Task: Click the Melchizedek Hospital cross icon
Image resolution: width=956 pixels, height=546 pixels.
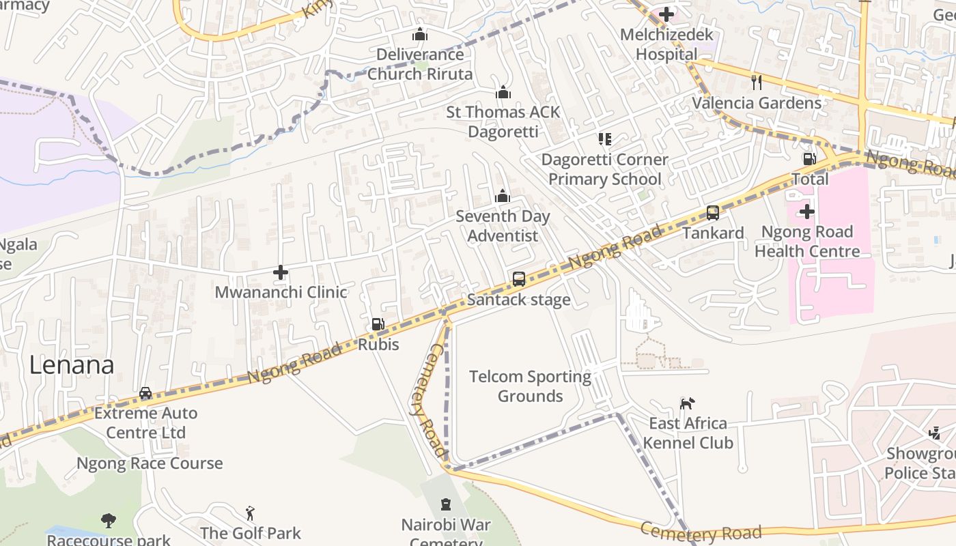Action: point(666,14)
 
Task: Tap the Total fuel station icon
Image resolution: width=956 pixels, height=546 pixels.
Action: point(809,159)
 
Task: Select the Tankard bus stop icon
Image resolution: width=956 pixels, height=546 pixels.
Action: point(713,212)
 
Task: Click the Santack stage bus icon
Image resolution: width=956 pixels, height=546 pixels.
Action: point(519,278)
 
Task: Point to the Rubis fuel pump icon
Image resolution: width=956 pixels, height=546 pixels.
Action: point(378,324)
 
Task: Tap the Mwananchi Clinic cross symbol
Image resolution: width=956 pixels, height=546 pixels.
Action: point(280,272)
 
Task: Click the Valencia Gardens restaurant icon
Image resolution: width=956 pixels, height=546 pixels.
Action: point(756,83)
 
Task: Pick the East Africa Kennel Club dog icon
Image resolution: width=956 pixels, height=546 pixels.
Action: point(687,403)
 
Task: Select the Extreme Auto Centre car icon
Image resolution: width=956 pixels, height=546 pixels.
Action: point(145,393)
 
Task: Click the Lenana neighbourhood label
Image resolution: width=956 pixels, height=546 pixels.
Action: point(72,365)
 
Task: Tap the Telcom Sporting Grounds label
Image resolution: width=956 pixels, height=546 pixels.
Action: point(530,386)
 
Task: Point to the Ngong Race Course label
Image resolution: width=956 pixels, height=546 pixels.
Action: point(150,463)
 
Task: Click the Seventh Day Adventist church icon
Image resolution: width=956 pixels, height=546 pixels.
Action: point(503,197)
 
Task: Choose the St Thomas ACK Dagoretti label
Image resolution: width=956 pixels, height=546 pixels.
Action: point(503,121)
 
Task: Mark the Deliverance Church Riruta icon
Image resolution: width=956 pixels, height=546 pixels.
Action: point(419,34)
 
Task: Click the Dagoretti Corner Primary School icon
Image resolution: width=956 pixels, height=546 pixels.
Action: point(604,139)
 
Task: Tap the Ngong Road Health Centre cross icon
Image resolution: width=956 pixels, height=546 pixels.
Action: point(806,212)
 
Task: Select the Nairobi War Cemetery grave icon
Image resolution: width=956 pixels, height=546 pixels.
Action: point(446,505)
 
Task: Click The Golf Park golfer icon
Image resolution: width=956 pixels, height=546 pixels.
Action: point(251,513)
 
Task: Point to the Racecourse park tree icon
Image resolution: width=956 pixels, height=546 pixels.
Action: point(108,521)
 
